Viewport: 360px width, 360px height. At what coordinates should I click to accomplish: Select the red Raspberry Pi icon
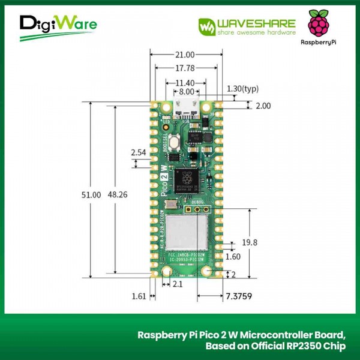point(319,24)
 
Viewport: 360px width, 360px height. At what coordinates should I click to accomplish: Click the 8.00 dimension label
point(186,92)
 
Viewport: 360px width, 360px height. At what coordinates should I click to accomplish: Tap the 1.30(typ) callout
point(242,89)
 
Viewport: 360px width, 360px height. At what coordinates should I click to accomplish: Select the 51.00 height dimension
point(91,195)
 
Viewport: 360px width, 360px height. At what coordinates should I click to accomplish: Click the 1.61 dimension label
point(139,295)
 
